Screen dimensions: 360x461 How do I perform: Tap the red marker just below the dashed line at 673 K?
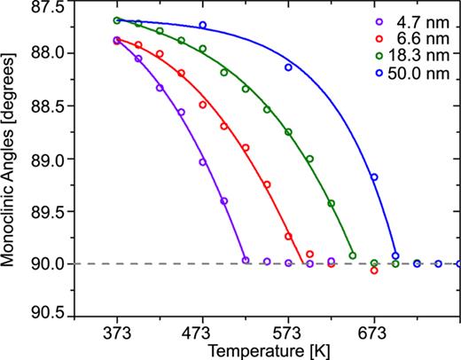[374, 270]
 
